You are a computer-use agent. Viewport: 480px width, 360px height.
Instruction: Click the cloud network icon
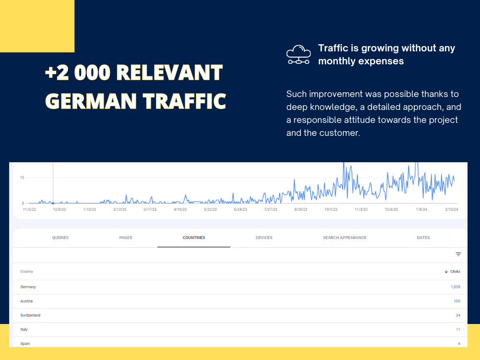pos(299,55)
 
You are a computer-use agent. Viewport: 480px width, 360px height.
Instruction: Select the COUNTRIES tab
pos(194,238)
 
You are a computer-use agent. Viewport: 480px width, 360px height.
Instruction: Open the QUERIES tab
pos(60,238)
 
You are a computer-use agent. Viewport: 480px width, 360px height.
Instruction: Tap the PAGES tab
pos(125,238)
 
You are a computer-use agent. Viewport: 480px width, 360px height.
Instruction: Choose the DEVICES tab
pos(264,238)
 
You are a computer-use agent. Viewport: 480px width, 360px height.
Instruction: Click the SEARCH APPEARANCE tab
pos(345,238)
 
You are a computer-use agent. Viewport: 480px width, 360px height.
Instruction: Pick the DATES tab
pos(423,238)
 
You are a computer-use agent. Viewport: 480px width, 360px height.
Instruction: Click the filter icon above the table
pos(458,254)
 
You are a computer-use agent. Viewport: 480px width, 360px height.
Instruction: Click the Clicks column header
pos(453,272)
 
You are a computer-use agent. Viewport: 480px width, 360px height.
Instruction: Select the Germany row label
pos(28,287)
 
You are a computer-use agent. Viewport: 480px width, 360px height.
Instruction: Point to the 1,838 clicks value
pos(456,287)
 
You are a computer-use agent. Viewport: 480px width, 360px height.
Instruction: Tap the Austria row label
pos(26,301)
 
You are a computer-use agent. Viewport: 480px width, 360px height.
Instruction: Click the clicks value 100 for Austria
pos(457,301)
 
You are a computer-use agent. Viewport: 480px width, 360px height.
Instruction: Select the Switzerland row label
pos(30,315)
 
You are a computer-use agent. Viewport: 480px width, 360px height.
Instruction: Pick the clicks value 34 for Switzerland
pos(458,315)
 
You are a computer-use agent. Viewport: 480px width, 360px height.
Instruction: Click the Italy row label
pos(24,329)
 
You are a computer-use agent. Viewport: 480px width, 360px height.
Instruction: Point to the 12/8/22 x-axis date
pos(60,209)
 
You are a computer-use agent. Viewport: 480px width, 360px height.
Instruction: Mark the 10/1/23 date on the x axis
pos(331,209)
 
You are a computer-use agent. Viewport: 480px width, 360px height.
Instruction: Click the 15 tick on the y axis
pos(22,178)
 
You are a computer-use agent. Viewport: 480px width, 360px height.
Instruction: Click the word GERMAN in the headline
pos(91,101)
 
